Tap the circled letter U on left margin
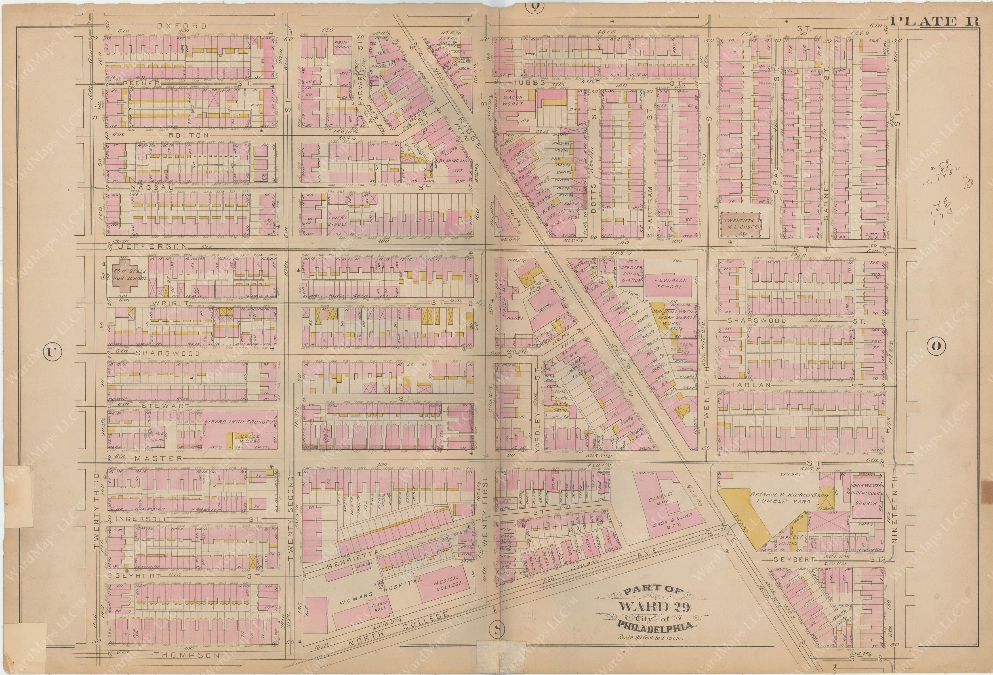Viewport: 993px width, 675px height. click(x=51, y=352)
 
